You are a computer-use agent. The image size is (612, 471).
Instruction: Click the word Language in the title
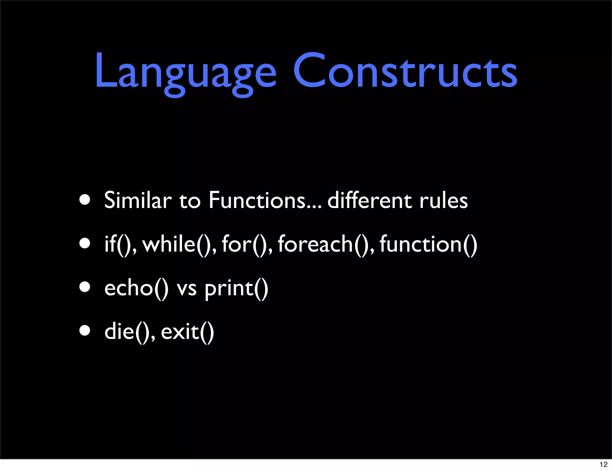(x=185, y=72)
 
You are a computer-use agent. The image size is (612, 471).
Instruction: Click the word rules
(x=443, y=201)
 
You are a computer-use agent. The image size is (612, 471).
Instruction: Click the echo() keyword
(x=136, y=288)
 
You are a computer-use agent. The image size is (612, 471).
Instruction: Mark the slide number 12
(x=603, y=464)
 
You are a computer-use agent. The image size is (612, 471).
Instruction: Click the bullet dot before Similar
(x=85, y=200)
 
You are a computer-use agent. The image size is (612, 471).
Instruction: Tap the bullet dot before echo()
(x=85, y=287)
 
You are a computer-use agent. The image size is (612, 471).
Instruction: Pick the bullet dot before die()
(x=85, y=331)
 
